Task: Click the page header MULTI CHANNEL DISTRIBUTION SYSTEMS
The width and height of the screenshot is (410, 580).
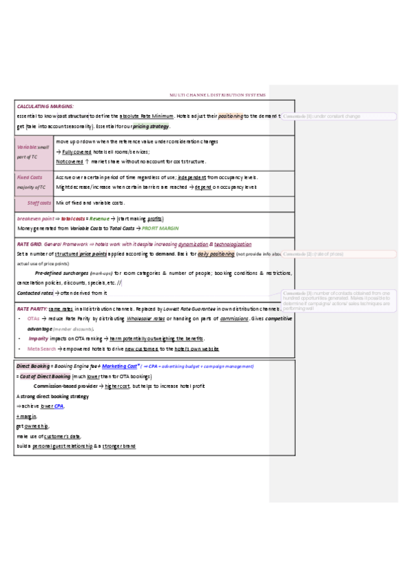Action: tap(218, 95)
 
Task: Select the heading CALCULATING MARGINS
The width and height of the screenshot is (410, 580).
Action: tap(45, 106)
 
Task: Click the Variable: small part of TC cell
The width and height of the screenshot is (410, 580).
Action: tap(33, 152)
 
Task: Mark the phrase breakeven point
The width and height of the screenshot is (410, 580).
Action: tap(36, 218)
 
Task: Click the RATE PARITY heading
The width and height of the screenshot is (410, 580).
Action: tap(31, 309)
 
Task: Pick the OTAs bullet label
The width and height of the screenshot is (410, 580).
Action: tap(33, 319)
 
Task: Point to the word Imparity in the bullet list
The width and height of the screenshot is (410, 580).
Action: tap(38, 339)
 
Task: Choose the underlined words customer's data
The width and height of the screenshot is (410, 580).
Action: tap(62, 436)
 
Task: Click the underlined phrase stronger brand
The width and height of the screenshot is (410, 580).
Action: tap(119, 446)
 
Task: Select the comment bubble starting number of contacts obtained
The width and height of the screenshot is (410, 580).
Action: tap(337, 300)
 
